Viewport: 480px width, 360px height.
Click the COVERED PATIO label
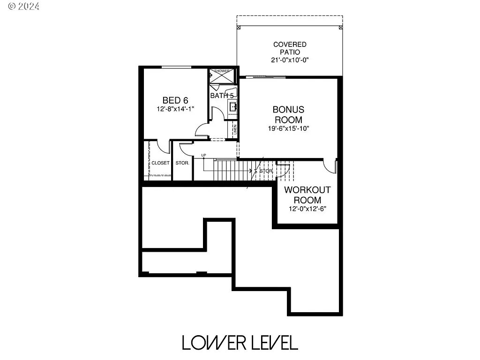click(x=290, y=48)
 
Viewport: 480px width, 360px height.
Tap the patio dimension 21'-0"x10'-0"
click(x=290, y=60)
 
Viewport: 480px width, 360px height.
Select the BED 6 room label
click(x=175, y=100)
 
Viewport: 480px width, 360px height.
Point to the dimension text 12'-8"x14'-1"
click(x=175, y=109)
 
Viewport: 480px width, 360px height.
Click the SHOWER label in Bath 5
click(x=222, y=71)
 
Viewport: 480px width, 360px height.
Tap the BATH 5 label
click(x=221, y=96)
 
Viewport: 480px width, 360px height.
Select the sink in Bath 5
click(x=232, y=107)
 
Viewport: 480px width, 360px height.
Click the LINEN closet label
click(x=235, y=129)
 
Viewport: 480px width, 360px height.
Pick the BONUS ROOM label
click(x=288, y=114)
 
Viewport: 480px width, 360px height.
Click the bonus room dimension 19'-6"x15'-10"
click(x=288, y=128)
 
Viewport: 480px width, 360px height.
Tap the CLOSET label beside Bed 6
click(x=160, y=163)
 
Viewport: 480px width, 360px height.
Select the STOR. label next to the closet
click(x=182, y=163)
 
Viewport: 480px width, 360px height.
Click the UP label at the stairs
click(x=203, y=155)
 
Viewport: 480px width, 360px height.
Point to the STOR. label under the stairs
click(x=266, y=171)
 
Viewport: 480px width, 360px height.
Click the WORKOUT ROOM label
click(x=307, y=195)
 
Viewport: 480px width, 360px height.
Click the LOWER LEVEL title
click(x=240, y=343)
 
